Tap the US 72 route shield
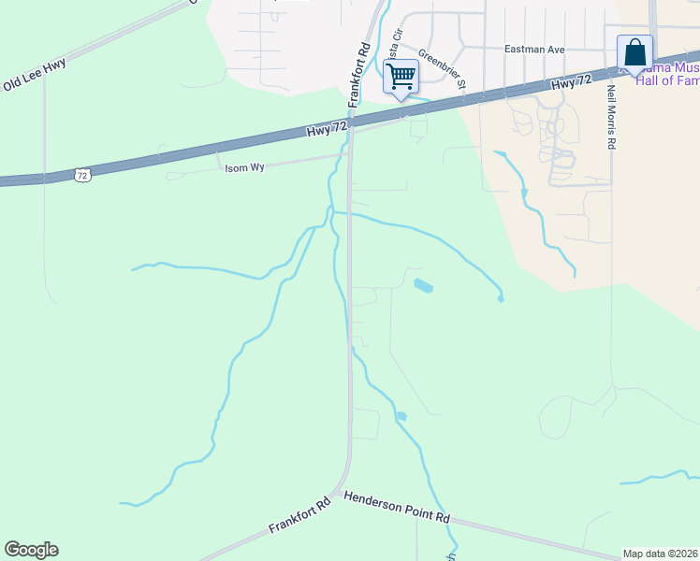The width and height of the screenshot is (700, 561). pos(82,175)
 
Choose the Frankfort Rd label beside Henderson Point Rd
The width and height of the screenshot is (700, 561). pos(300,515)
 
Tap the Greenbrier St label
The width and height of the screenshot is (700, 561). pos(442,68)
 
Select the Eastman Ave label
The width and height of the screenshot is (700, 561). pos(531,49)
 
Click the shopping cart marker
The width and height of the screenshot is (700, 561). pos(401,76)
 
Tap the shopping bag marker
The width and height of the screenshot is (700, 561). pos(634,52)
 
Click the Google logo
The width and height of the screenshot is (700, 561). pos(31,550)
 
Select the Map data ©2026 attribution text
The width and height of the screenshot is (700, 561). pos(660,554)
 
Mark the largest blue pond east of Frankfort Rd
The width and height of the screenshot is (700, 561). pos(424,286)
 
